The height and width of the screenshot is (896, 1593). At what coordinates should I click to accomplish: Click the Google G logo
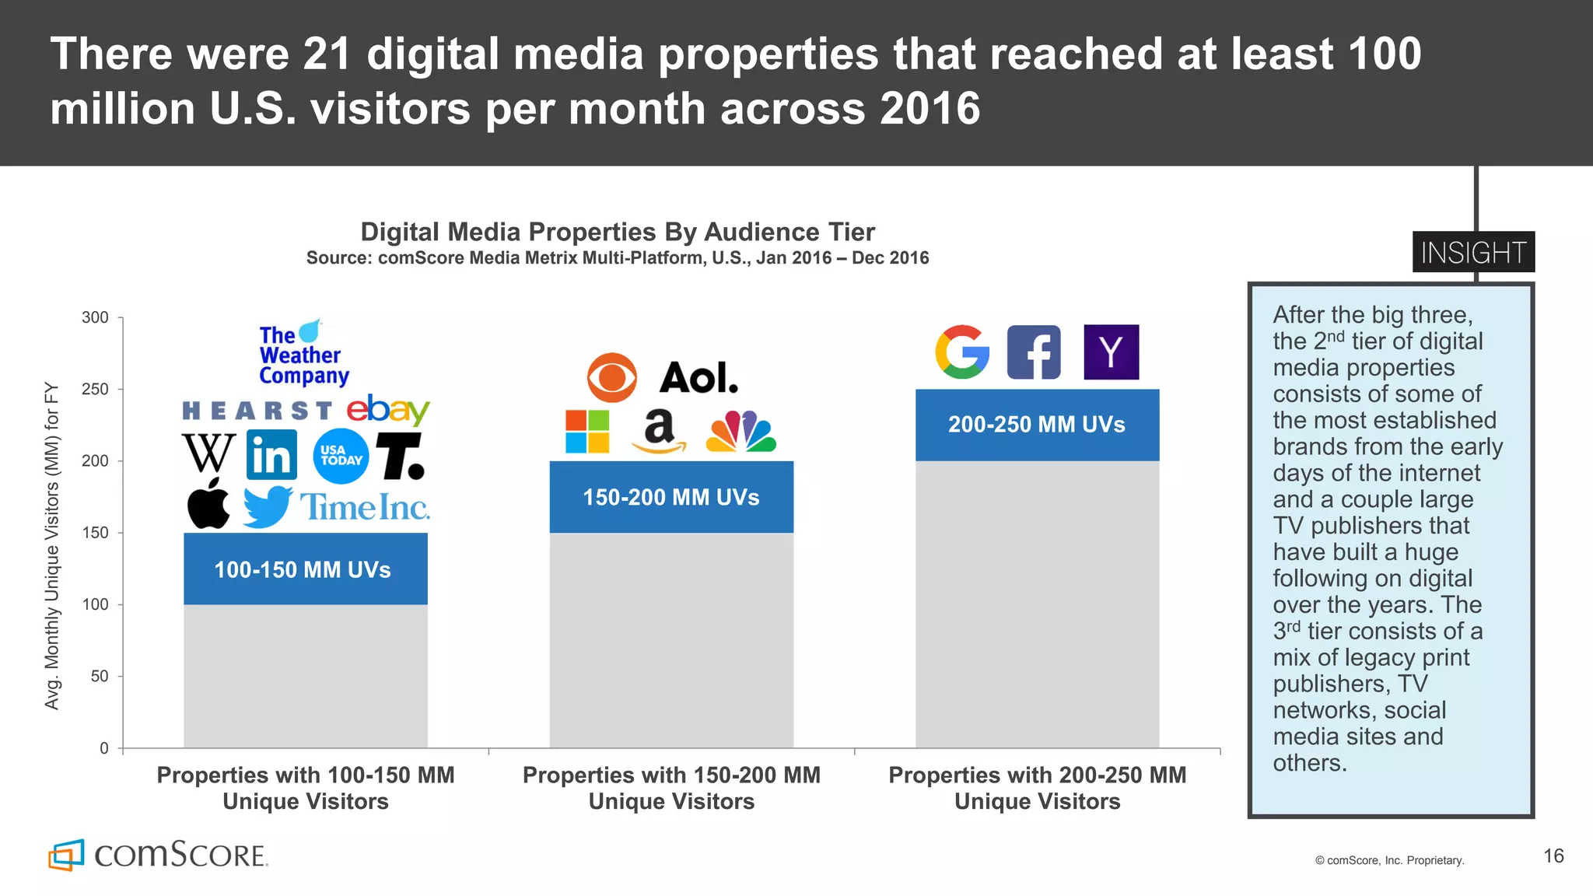pyautogui.click(x=962, y=352)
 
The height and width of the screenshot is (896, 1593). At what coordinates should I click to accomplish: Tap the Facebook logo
pyautogui.click(x=1034, y=352)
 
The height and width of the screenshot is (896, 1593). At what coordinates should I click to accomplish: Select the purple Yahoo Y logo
pyautogui.click(x=1111, y=352)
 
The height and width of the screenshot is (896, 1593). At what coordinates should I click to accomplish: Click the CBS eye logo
pyautogui.click(x=611, y=378)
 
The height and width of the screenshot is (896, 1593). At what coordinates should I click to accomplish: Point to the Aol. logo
pyautogui.click(x=698, y=378)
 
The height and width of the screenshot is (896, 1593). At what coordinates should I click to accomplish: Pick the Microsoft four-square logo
pyautogui.click(x=587, y=432)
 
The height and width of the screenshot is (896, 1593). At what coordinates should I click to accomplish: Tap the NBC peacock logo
pyautogui.click(x=740, y=432)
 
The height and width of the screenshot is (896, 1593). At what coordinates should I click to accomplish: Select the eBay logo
pyautogui.click(x=387, y=409)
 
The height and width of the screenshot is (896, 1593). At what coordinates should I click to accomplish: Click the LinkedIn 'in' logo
pyautogui.click(x=271, y=455)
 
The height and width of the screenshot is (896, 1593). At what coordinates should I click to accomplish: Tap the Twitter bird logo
pyautogui.click(x=267, y=507)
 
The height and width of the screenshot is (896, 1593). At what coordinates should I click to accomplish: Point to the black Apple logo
pyautogui.click(x=208, y=504)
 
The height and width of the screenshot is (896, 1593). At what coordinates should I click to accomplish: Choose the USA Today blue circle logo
pyautogui.click(x=341, y=456)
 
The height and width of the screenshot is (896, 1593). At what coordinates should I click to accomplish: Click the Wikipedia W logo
pyautogui.click(x=208, y=453)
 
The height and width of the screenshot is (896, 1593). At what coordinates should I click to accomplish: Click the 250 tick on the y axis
pyautogui.click(x=95, y=389)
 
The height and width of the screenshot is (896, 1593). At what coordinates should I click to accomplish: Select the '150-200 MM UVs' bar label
pyautogui.click(x=671, y=497)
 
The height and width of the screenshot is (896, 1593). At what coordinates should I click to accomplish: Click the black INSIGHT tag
pyautogui.click(x=1473, y=252)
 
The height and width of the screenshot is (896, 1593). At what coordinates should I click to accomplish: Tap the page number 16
pyautogui.click(x=1553, y=856)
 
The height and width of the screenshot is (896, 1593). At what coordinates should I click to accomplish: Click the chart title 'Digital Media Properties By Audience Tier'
pyautogui.click(x=618, y=232)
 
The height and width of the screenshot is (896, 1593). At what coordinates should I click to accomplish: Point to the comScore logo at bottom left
pyautogui.click(x=158, y=855)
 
